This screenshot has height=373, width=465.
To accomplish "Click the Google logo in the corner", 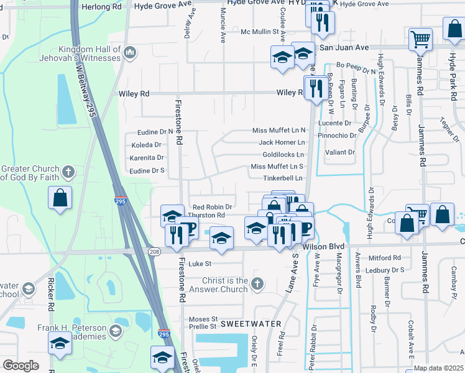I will coord(21,366).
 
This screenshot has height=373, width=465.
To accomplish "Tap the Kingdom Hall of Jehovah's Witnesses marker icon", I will coord(130,52).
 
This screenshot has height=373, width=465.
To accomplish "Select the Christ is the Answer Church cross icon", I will coord(258,285).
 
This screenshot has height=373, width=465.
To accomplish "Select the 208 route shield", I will coord(154,251).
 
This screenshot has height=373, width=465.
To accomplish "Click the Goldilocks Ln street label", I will coord(283,154).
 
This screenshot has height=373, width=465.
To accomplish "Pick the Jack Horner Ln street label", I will coord(282,142).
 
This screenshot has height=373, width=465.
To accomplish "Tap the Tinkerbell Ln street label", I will coord(283,178).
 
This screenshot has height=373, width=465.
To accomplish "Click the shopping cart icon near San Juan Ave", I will coord(421,39).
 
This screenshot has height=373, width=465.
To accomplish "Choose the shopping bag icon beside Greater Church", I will coord(60,198).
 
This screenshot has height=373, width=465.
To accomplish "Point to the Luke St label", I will coord(201,264).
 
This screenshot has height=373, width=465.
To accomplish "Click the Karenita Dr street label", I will coord(146,158).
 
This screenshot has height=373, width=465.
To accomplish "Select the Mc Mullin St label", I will coord(262,31).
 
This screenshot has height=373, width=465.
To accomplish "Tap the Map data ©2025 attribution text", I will coord(438,368).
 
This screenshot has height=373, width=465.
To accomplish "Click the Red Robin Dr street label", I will coord(212,207).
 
